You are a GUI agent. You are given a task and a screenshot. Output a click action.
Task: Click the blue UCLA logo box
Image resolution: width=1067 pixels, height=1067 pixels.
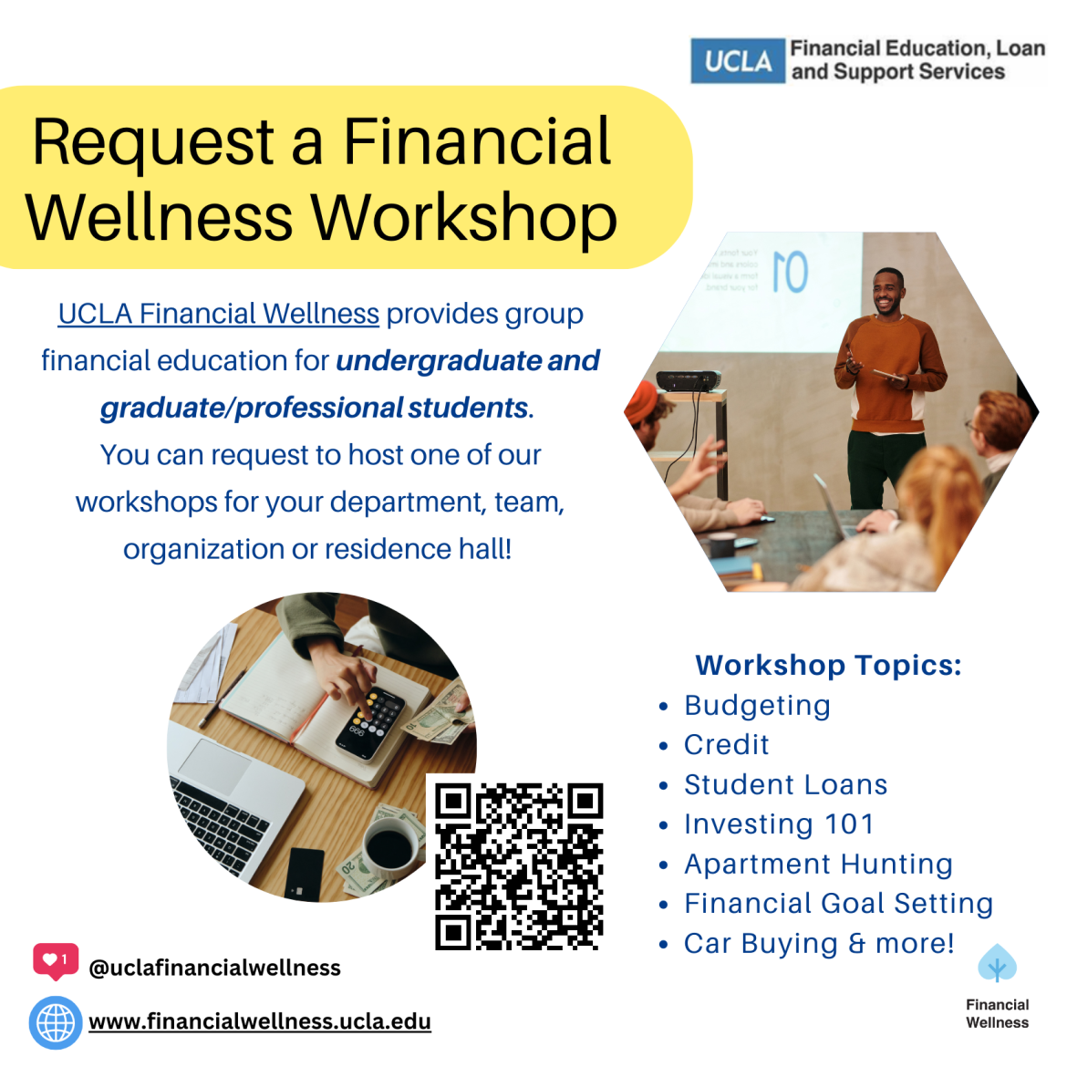pos(737,61)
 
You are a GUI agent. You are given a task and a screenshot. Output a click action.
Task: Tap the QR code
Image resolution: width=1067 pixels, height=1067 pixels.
pos(519,865)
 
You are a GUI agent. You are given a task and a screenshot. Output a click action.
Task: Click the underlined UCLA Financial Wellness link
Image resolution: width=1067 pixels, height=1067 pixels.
pos(218,314)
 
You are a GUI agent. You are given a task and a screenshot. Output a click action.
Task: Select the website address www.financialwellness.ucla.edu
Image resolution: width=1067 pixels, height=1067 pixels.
pos(260,1021)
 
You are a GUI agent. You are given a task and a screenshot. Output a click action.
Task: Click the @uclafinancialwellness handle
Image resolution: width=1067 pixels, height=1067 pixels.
pos(214,968)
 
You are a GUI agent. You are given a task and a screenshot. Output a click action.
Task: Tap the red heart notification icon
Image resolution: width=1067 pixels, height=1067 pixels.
pos(56,961)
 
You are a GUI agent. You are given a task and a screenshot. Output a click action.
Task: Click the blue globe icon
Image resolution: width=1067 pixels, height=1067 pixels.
pos(56,1022)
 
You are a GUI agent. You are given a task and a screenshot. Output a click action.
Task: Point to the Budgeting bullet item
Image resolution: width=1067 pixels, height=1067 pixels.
pos(757,706)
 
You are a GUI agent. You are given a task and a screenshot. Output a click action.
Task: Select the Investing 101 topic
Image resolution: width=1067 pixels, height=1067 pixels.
pos(779,824)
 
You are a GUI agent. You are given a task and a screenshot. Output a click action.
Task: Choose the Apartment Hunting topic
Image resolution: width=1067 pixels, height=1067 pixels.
pos(818,864)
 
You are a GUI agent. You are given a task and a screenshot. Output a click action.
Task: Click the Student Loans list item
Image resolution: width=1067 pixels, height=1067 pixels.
pos(785,785)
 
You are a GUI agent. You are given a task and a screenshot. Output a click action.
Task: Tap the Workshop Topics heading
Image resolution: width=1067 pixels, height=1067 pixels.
pos(828,665)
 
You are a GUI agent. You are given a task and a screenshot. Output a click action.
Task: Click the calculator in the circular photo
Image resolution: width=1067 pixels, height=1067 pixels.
pos(371,722)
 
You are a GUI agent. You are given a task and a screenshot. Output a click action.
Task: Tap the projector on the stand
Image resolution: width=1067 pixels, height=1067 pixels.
pos(689,379)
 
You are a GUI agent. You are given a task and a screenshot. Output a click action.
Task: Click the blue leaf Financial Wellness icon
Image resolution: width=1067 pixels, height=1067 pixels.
pos(997,963)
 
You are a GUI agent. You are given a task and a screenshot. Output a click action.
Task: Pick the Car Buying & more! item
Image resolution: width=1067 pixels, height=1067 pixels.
pos(818,943)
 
